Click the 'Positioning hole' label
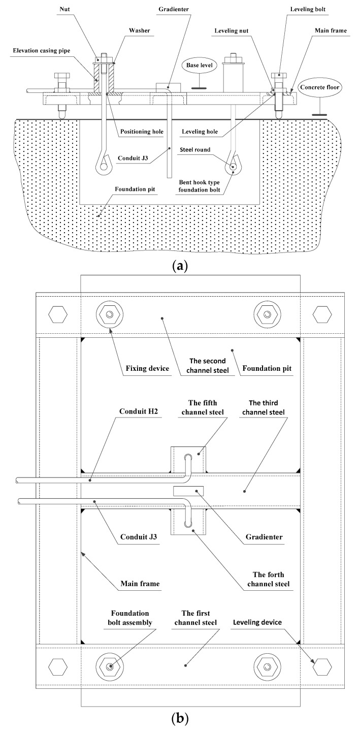tap(143, 131)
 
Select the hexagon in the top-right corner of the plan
tap(322, 315)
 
